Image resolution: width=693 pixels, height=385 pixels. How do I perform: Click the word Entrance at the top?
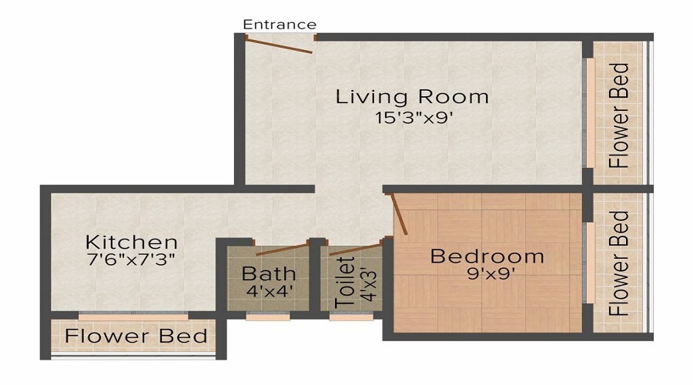[x=280, y=25]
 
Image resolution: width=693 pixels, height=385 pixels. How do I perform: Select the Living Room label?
[x=412, y=97]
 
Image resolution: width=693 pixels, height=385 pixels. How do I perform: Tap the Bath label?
[x=269, y=273]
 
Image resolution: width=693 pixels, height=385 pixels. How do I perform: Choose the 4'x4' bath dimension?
[x=269, y=292]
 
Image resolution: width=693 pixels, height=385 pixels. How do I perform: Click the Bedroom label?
[x=487, y=256]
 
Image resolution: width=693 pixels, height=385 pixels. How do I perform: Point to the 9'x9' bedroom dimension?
[x=487, y=273]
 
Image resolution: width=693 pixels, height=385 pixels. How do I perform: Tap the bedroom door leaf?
[x=399, y=213]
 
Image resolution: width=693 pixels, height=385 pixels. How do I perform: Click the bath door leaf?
[x=280, y=249]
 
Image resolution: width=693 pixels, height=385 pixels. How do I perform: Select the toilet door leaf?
[x=355, y=249]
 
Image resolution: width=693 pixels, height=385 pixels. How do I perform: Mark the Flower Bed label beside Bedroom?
[x=618, y=263]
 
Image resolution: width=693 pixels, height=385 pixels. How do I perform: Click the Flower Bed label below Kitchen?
[x=136, y=336]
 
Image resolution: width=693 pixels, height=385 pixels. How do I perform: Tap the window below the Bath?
[x=268, y=316]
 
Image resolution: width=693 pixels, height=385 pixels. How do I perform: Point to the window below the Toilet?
[x=351, y=316]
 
